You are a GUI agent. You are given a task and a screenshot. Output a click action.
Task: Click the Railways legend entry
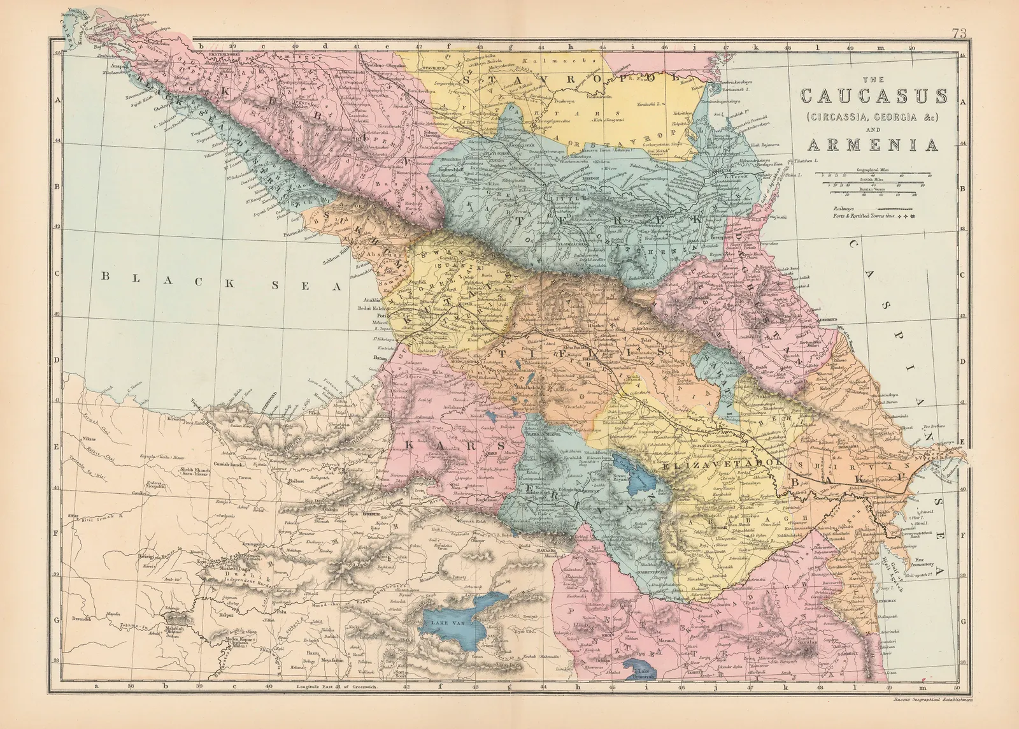click(x=844, y=208)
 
